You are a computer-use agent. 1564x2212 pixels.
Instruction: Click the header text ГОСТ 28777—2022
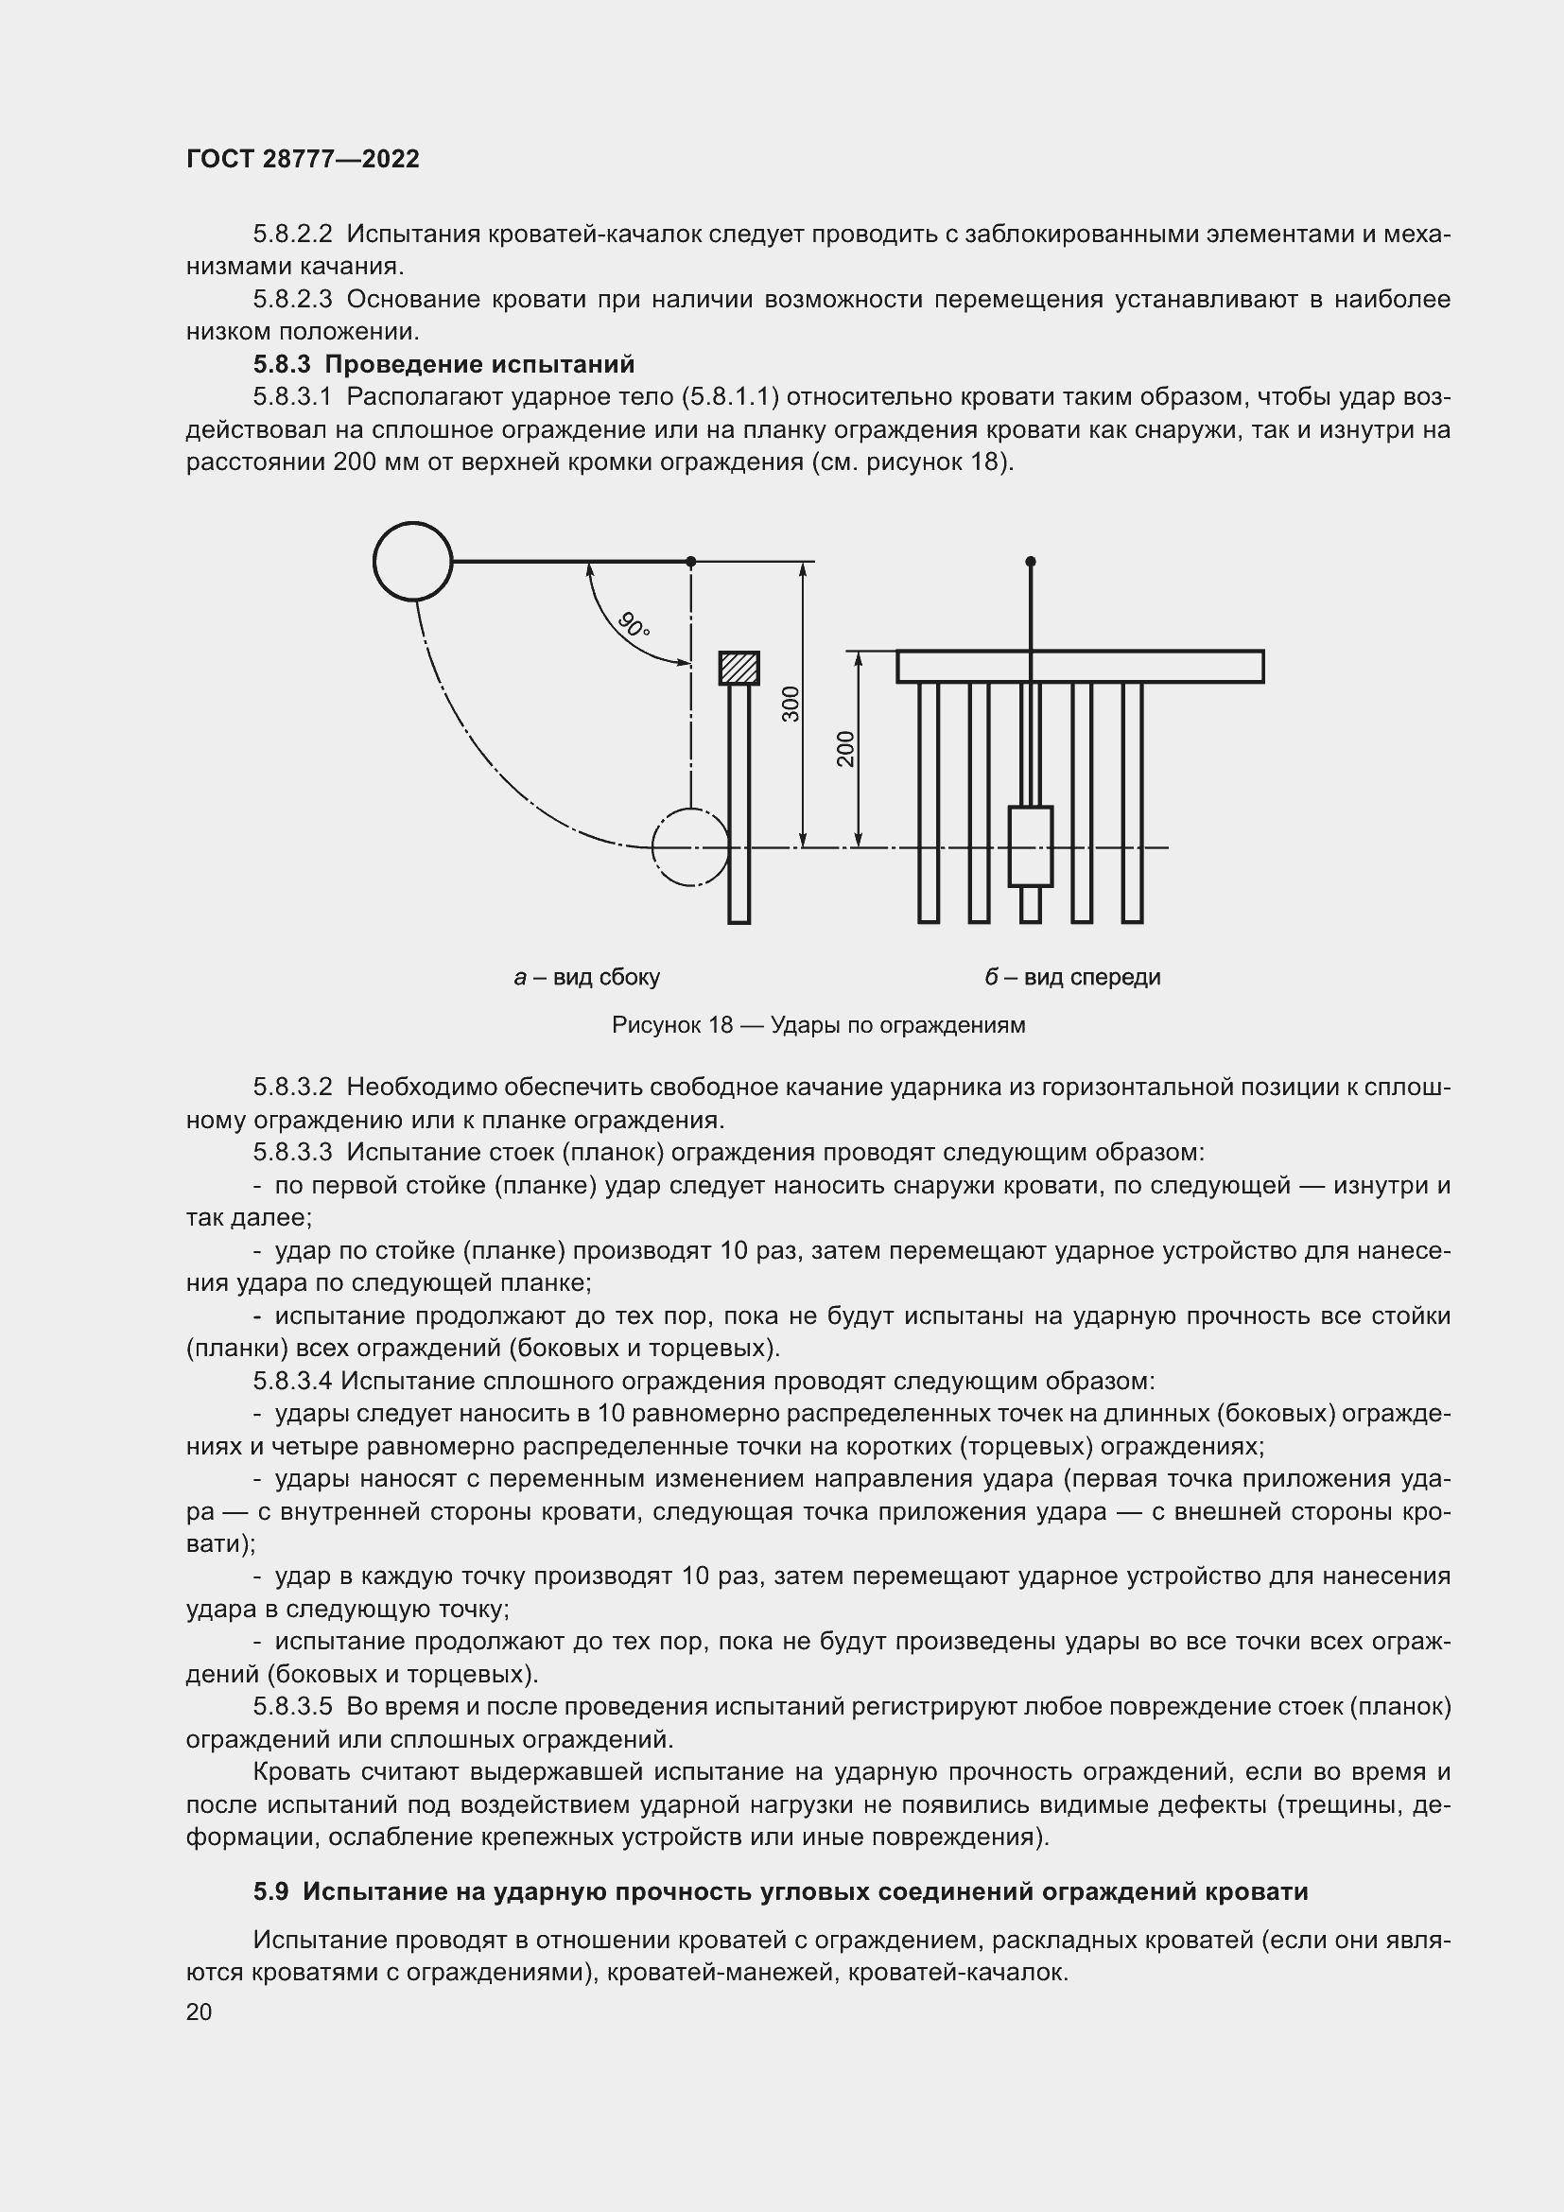[x=303, y=159]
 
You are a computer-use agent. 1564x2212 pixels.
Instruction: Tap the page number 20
[x=199, y=2012]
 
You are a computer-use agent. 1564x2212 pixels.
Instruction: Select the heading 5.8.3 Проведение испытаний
[x=444, y=364]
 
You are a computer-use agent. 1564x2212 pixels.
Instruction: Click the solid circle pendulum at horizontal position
[x=412, y=561]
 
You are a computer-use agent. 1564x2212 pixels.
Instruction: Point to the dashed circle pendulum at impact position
[x=690, y=846]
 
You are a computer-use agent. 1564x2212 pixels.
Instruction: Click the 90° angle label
[x=634, y=625]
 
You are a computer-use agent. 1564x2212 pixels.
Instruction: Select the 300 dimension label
[x=791, y=705]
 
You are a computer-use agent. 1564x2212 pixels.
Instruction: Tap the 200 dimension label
[x=845, y=749]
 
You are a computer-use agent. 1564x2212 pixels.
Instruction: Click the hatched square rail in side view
[x=739, y=668]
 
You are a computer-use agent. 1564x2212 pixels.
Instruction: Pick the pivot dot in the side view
[x=690, y=561]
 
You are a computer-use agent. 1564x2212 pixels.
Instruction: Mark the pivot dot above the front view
[x=1031, y=561]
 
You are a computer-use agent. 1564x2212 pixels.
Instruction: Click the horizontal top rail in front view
[x=1080, y=667]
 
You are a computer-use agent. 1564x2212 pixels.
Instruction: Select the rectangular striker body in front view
[x=1031, y=845]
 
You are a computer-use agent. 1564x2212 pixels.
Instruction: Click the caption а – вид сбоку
[x=586, y=977]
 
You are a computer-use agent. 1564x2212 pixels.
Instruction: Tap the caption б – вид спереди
[x=1072, y=977]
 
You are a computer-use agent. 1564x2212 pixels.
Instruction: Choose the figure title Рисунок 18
[x=818, y=1025]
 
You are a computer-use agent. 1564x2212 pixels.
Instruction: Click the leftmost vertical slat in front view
[x=929, y=802]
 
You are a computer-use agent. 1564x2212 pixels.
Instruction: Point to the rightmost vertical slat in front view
[x=1133, y=802]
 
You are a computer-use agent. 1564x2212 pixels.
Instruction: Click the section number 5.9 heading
[x=270, y=1891]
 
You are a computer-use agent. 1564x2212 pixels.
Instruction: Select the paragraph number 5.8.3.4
[x=293, y=1381]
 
